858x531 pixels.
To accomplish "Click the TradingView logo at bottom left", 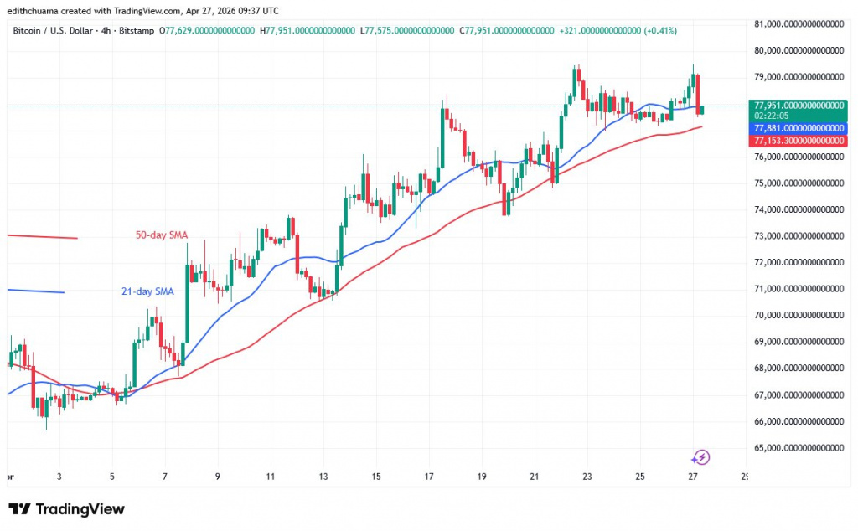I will point(67,509).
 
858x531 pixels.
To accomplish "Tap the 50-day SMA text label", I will point(162,235).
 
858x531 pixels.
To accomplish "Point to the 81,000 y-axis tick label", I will point(799,24).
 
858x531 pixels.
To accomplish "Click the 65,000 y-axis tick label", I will point(799,448).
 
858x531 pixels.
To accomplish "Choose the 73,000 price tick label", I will point(799,236).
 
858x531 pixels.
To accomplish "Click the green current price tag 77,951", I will point(799,105).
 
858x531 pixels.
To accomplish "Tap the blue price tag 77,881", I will point(799,128).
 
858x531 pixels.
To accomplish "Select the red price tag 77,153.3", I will point(799,142).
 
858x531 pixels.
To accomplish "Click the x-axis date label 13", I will point(323,477).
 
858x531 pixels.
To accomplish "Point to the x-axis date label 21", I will point(535,477).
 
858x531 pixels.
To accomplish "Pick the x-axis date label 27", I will point(693,477).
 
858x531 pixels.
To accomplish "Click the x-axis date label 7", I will point(165,477).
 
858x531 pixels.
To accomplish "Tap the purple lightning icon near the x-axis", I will point(701,457).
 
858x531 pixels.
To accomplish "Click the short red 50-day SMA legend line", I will point(42,237).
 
